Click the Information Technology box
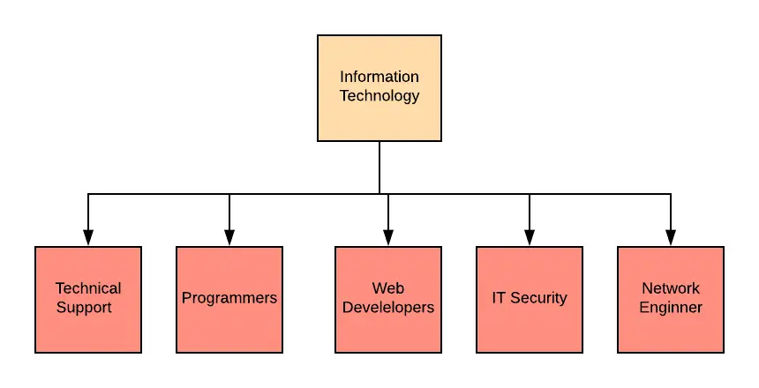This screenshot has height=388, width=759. [379, 88]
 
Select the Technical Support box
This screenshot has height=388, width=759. [88, 300]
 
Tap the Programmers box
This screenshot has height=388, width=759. [229, 300]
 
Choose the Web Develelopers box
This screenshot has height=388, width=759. [388, 300]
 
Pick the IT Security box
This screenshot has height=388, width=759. [530, 300]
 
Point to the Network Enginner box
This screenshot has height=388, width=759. [671, 300]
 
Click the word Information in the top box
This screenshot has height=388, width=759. [379, 77]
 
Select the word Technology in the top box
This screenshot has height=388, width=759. [379, 96]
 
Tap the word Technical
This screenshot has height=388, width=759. [88, 288]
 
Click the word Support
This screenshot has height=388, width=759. [84, 308]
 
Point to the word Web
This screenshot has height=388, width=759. [388, 288]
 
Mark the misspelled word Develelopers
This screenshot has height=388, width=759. [388, 308]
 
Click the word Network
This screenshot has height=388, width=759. [671, 288]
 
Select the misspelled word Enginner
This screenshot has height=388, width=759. [671, 308]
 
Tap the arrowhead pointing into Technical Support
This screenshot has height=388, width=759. [88, 237]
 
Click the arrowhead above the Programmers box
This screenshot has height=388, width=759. [229, 237]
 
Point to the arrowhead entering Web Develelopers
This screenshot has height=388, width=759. [388, 237]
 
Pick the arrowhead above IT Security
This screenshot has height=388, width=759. [530, 237]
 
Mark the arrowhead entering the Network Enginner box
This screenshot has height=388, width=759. [671, 237]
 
